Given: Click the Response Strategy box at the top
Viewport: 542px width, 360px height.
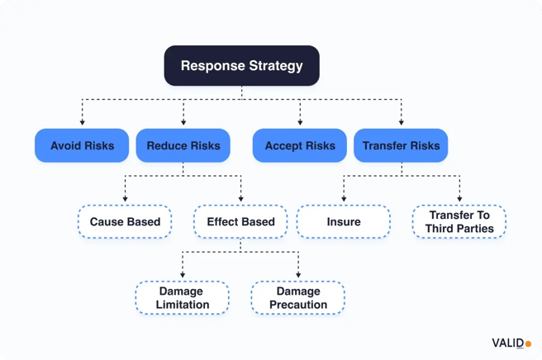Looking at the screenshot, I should [241, 65].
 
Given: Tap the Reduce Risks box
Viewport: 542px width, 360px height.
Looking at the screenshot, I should [183, 145].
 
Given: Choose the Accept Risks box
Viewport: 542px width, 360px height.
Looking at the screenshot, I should [300, 145].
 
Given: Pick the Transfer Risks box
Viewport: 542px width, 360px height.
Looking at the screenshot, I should [402, 145].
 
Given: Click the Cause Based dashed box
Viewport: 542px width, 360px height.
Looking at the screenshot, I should [125, 221].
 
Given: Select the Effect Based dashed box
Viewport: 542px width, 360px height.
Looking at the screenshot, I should [240, 221].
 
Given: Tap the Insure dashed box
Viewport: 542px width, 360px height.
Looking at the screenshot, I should [344, 221].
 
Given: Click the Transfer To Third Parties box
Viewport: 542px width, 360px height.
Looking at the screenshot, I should [460, 221].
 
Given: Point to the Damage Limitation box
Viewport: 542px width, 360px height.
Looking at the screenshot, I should [183, 298].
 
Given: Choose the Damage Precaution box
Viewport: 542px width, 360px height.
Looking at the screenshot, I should [298, 298].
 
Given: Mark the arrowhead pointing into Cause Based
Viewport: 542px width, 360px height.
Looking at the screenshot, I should [125, 200].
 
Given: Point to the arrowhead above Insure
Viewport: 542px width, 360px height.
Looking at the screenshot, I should [344, 200].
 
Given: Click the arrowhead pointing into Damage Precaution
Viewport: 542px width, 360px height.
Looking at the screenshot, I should [298, 276].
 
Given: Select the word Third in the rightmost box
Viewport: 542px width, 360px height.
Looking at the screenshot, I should [445, 229].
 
